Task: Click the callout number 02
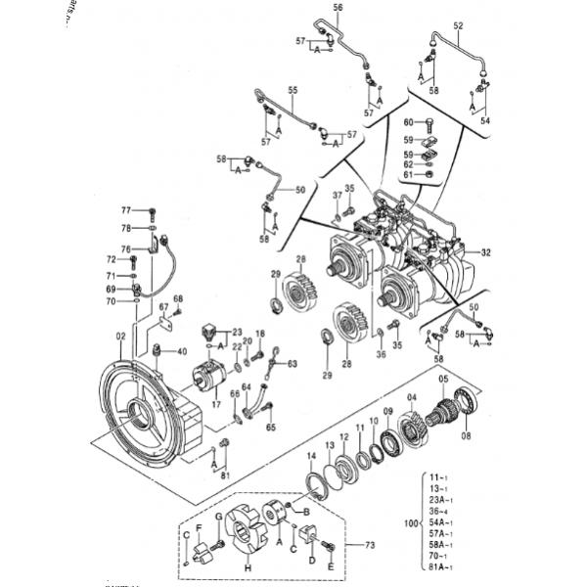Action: pos(120,338)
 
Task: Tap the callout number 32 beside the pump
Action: pos(485,252)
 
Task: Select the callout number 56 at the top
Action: pos(339,8)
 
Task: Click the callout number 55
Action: pos(293,90)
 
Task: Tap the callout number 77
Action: pos(124,210)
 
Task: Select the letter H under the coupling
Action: pos(246,569)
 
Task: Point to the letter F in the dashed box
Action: pos(200,531)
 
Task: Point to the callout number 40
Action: pos(181,352)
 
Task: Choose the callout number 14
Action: pos(311,458)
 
